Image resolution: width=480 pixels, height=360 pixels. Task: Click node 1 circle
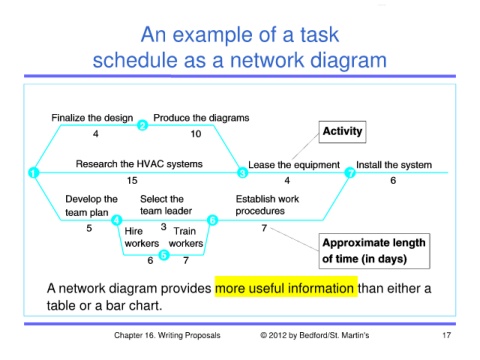click(x=33, y=173)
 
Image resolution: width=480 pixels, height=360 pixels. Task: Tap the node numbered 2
click(x=142, y=125)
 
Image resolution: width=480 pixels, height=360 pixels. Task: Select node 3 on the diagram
click(x=243, y=173)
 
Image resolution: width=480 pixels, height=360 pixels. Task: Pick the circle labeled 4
click(x=117, y=220)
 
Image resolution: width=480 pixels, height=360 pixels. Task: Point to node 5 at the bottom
click(x=164, y=255)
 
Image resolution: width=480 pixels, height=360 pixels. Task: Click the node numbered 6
click(x=213, y=220)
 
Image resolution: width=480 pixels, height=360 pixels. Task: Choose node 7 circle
click(x=350, y=173)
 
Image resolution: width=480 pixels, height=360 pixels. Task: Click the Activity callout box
click(x=342, y=132)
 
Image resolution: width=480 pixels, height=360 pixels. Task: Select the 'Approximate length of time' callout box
click(x=374, y=251)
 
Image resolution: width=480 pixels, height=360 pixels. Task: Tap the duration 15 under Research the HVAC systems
click(x=132, y=180)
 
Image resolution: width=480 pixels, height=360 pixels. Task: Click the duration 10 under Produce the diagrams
click(x=196, y=134)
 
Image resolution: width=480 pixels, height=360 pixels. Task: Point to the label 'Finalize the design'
click(x=92, y=118)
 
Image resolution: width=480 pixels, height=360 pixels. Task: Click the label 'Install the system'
click(x=394, y=165)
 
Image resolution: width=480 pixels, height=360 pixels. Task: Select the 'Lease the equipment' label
click(x=294, y=165)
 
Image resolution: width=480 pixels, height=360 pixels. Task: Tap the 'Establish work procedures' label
click(x=267, y=205)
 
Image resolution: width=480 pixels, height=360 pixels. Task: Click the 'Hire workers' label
click(x=142, y=237)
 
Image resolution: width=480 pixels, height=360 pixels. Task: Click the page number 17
click(x=447, y=335)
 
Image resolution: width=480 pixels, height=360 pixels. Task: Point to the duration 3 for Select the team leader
click(x=163, y=227)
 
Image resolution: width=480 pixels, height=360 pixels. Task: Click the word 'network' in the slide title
click(x=268, y=60)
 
